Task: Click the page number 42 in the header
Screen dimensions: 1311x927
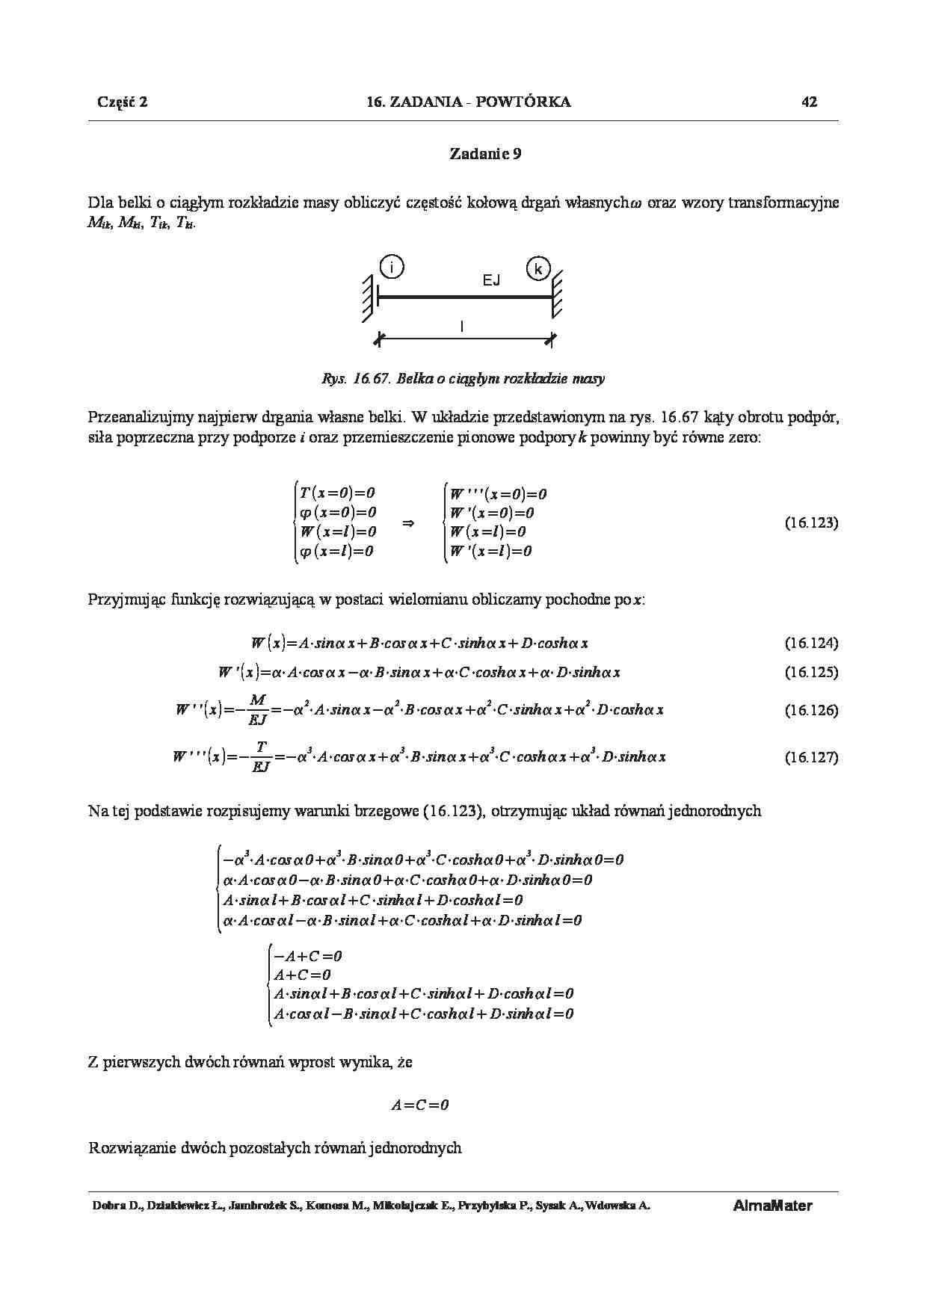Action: pos(809,102)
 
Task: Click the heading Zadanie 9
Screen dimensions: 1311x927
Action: pos(485,154)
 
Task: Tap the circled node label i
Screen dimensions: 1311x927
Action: pos(391,266)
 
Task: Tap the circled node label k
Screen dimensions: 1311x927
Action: pos(538,268)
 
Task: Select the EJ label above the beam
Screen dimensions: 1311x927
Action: pos(491,280)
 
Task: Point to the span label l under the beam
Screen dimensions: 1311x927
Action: pos(462,327)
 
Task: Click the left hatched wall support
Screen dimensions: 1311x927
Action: pos(369,297)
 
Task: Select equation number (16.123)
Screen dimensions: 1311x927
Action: pos(811,522)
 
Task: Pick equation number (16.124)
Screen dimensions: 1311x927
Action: pos(811,643)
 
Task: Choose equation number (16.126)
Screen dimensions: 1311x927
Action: pos(811,710)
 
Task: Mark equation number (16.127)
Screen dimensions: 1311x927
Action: pos(811,757)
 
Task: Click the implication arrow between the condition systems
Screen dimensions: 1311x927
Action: pos(408,523)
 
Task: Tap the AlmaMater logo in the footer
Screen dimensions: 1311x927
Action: pos(772,1206)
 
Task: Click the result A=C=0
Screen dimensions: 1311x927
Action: pos(420,1105)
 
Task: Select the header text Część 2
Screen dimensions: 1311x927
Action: pos(123,102)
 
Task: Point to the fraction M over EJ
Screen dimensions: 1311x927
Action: pos(257,709)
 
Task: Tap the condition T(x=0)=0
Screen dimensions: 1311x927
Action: pos(337,493)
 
